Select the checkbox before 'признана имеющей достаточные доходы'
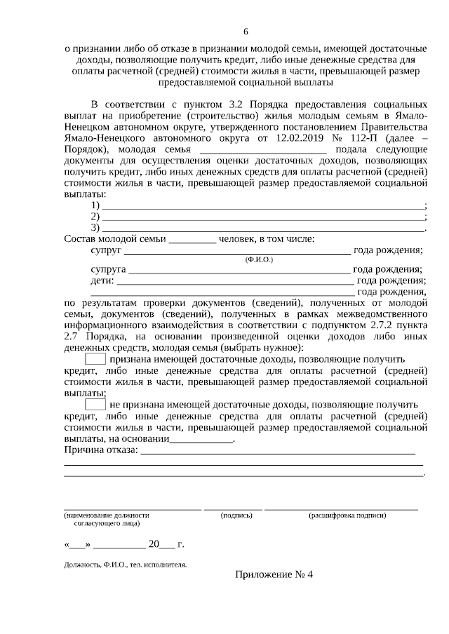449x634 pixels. pyautogui.click(x=95, y=359)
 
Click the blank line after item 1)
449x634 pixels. pyautogui.click(x=263, y=207)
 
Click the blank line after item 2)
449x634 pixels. pyautogui.click(x=263, y=218)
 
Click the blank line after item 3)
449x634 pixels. pyautogui.click(x=263, y=229)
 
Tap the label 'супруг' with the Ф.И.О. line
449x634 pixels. pyautogui.click(x=107, y=250)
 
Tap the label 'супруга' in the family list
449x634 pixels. pyautogui.click(x=109, y=269)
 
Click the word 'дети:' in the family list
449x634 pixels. pyautogui.click(x=102, y=281)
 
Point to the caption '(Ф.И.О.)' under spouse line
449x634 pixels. pyautogui.click(x=259, y=259)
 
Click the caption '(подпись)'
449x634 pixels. pyautogui.click(x=236, y=515)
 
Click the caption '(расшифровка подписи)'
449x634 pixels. pyautogui.click(x=347, y=515)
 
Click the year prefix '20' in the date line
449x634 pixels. pyautogui.click(x=154, y=544)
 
